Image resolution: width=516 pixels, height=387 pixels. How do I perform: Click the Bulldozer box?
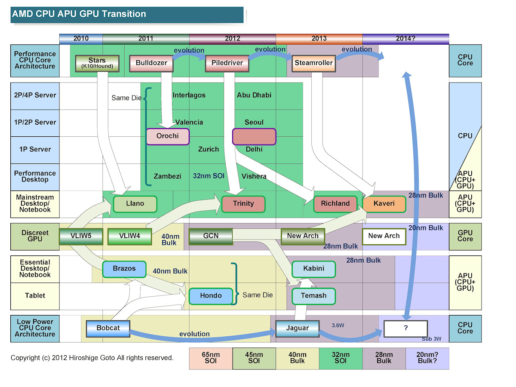point(151,63)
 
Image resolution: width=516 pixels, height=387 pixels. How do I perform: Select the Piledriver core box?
point(227,63)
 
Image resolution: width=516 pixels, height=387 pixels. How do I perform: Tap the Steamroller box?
point(313,63)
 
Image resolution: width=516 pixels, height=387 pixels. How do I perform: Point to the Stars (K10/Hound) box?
point(97,63)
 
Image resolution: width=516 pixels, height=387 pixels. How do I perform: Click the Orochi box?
point(168,136)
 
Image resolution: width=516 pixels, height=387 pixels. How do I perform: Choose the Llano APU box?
point(135,204)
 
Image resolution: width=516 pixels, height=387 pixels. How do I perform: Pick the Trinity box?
point(243,204)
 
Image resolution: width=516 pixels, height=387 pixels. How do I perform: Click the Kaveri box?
point(384,204)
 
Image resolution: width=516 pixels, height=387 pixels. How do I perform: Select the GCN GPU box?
point(211,236)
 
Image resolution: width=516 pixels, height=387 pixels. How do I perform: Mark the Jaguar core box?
point(298,329)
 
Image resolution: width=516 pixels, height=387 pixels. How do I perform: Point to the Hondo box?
point(211,296)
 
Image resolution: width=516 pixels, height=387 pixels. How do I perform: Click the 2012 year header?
point(232,39)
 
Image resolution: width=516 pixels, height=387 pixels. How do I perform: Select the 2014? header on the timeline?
point(405,39)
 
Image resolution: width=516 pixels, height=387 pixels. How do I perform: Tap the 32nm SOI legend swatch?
point(341,358)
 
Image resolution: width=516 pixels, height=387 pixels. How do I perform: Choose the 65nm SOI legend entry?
point(211,358)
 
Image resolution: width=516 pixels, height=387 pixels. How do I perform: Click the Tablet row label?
point(35,296)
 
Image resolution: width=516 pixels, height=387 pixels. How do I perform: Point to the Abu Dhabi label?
point(254,95)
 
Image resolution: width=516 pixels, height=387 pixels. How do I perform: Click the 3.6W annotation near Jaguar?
point(338,326)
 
